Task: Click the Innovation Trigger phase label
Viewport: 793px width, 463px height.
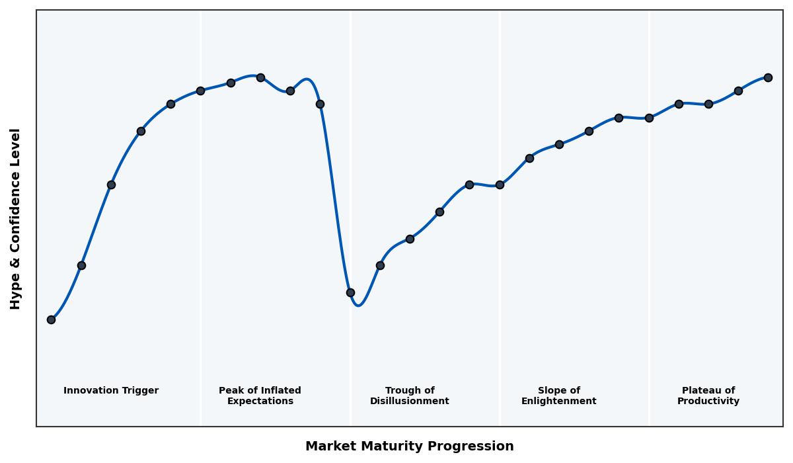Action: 111,391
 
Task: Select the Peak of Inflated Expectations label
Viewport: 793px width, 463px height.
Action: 260,396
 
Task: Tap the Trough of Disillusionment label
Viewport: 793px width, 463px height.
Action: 409,396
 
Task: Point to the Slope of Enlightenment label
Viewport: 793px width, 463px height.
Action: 558,396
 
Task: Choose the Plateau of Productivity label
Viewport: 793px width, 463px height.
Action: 708,396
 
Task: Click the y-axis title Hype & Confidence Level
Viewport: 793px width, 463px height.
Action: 16,218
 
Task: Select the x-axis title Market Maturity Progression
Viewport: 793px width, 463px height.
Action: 409,446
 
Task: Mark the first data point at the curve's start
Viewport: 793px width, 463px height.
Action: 51,319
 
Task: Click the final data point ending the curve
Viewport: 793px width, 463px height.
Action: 768,77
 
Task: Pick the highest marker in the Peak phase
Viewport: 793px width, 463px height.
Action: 260,77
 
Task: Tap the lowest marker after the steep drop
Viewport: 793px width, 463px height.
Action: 350,292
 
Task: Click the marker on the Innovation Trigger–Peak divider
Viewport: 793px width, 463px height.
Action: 200,91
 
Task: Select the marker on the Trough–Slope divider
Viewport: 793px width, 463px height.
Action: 500,185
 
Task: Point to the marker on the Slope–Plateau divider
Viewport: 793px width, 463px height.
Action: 649,118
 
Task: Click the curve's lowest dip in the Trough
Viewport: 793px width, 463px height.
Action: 358,305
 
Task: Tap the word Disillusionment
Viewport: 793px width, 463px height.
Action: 409,401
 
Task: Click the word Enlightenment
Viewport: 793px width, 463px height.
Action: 558,401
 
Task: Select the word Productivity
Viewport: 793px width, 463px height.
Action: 708,401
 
